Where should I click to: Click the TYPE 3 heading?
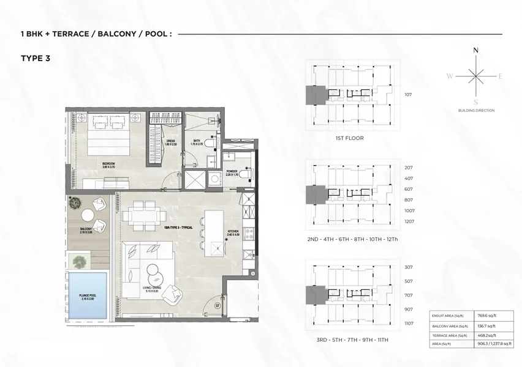tap(34, 59)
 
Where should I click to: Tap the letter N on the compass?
tap(476, 51)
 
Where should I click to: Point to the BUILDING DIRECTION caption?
tap(476, 111)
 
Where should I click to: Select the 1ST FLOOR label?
tap(349, 138)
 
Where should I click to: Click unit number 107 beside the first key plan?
tap(409, 95)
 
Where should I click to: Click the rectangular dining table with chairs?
tap(145, 216)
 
